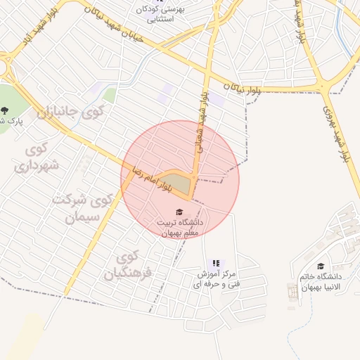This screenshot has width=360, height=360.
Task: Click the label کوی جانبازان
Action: (70, 111)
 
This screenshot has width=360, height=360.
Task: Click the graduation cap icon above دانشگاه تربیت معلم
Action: (179, 212)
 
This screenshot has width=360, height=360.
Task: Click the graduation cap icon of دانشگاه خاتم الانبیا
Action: (321, 266)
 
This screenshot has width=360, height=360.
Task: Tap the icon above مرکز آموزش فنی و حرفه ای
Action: (215, 263)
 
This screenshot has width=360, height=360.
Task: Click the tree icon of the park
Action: (5, 110)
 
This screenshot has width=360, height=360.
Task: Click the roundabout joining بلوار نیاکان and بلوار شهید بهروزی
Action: (324, 86)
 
